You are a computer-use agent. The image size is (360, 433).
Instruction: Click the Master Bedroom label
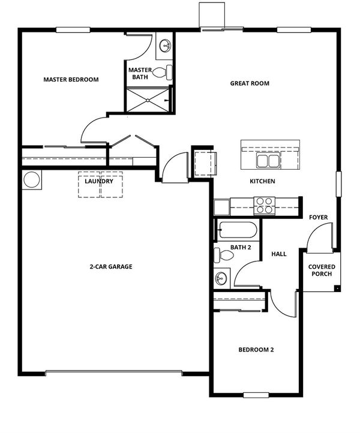pos(71,80)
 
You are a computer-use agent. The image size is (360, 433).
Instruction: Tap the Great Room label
pos(250,83)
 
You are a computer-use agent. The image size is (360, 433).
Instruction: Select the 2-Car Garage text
pos(111,266)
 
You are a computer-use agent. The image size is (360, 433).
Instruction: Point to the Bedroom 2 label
pos(256,350)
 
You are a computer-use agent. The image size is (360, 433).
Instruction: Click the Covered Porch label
pos(322,270)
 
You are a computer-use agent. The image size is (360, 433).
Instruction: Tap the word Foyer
pos(318,217)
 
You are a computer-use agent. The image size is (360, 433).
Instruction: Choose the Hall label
pos(279,254)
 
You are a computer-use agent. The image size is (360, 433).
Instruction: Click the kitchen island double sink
pos(268,161)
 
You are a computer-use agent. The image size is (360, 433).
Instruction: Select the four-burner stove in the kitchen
pos(265,206)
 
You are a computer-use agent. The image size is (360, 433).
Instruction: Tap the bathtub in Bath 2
pos(238,230)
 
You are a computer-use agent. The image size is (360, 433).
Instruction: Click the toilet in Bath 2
pos(224,255)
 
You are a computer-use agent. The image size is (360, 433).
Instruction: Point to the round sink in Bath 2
pos(221,277)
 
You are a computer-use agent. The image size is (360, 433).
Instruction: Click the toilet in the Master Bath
pos(163,73)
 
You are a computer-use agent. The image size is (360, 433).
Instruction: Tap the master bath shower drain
pos(148,100)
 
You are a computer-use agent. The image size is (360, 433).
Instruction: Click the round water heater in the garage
pos(31,179)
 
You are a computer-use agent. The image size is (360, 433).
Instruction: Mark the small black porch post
pos(337,288)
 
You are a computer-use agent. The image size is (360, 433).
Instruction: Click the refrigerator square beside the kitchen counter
pos(221,207)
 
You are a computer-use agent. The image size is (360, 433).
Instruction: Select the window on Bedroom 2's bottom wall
pos(256,395)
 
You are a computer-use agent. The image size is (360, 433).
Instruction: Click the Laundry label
pos(99,181)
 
